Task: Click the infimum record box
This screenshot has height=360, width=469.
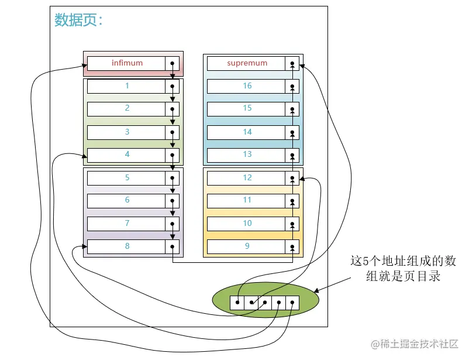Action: click(x=126, y=63)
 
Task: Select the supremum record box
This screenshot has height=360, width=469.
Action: click(x=246, y=63)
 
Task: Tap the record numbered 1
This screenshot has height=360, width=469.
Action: click(x=126, y=86)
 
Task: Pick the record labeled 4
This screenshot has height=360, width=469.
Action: click(x=126, y=155)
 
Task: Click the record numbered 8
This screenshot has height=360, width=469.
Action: click(x=126, y=246)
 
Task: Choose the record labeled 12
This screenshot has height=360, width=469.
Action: click(x=246, y=178)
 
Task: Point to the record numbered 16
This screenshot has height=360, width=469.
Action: click(x=246, y=86)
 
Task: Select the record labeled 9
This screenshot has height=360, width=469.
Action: click(x=246, y=246)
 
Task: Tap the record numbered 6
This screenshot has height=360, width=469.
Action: click(x=126, y=201)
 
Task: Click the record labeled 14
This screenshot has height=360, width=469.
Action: click(x=246, y=132)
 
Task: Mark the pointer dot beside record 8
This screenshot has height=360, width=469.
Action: click(x=173, y=246)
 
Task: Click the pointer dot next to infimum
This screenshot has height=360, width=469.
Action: click(x=173, y=63)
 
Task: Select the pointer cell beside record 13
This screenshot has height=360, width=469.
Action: click(x=292, y=155)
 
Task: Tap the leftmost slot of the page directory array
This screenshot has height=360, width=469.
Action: click(x=237, y=303)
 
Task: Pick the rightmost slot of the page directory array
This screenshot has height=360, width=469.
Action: click(x=292, y=303)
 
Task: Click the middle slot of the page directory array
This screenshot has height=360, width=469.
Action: click(x=265, y=303)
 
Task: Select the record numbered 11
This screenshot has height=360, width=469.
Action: click(x=246, y=201)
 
